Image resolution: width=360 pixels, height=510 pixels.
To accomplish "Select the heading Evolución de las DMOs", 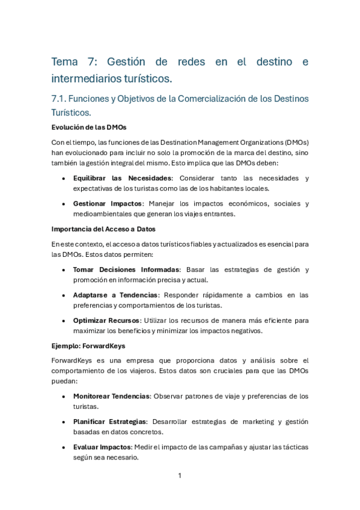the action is click(x=88, y=127).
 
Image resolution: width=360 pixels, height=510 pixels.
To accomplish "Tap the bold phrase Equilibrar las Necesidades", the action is click(x=123, y=178).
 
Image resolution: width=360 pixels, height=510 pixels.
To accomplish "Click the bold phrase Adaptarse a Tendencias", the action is click(x=115, y=295).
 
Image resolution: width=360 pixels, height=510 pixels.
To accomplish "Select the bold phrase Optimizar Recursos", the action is click(x=106, y=320).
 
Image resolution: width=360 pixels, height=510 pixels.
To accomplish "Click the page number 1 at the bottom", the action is click(x=180, y=476).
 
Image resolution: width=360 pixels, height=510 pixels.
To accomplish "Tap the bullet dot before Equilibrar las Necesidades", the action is click(x=64, y=179).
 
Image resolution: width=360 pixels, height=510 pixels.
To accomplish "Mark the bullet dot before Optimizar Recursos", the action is click(x=64, y=321).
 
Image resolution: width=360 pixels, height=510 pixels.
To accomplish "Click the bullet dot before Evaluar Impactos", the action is click(x=64, y=447).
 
